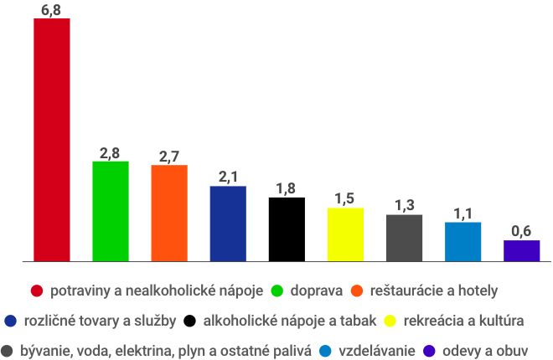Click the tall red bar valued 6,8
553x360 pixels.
coord(51,139)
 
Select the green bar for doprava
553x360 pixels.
coord(110,211)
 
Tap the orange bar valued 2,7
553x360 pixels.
coord(169,213)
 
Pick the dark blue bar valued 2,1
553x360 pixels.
coord(228,224)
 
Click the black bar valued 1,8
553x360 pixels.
coord(287,229)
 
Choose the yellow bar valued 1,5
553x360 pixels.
coord(345,234)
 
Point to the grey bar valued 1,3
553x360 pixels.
coord(404,238)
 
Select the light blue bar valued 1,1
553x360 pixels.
coord(463,242)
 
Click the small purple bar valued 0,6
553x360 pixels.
coord(521,250)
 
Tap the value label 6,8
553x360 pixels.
coord(51,9)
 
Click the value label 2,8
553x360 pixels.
coord(110,152)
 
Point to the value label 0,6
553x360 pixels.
coord(521,231)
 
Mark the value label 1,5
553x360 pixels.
coord(345,198)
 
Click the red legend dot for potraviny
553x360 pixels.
coord(37,291)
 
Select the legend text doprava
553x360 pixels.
coord(316,291)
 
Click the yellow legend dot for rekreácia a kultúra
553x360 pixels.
coord(390,321)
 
